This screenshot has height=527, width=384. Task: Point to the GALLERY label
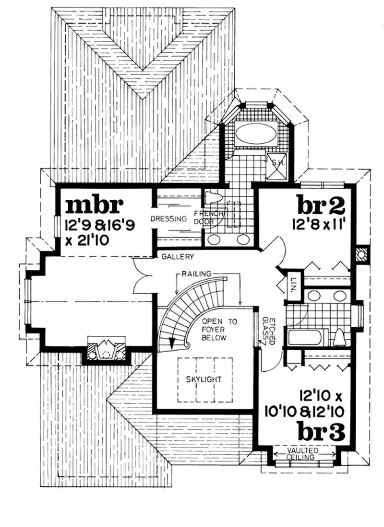[x=179, y=257]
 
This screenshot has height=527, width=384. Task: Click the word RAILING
[x=197, y=273]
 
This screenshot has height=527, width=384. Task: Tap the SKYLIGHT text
[x=204, y=379]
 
